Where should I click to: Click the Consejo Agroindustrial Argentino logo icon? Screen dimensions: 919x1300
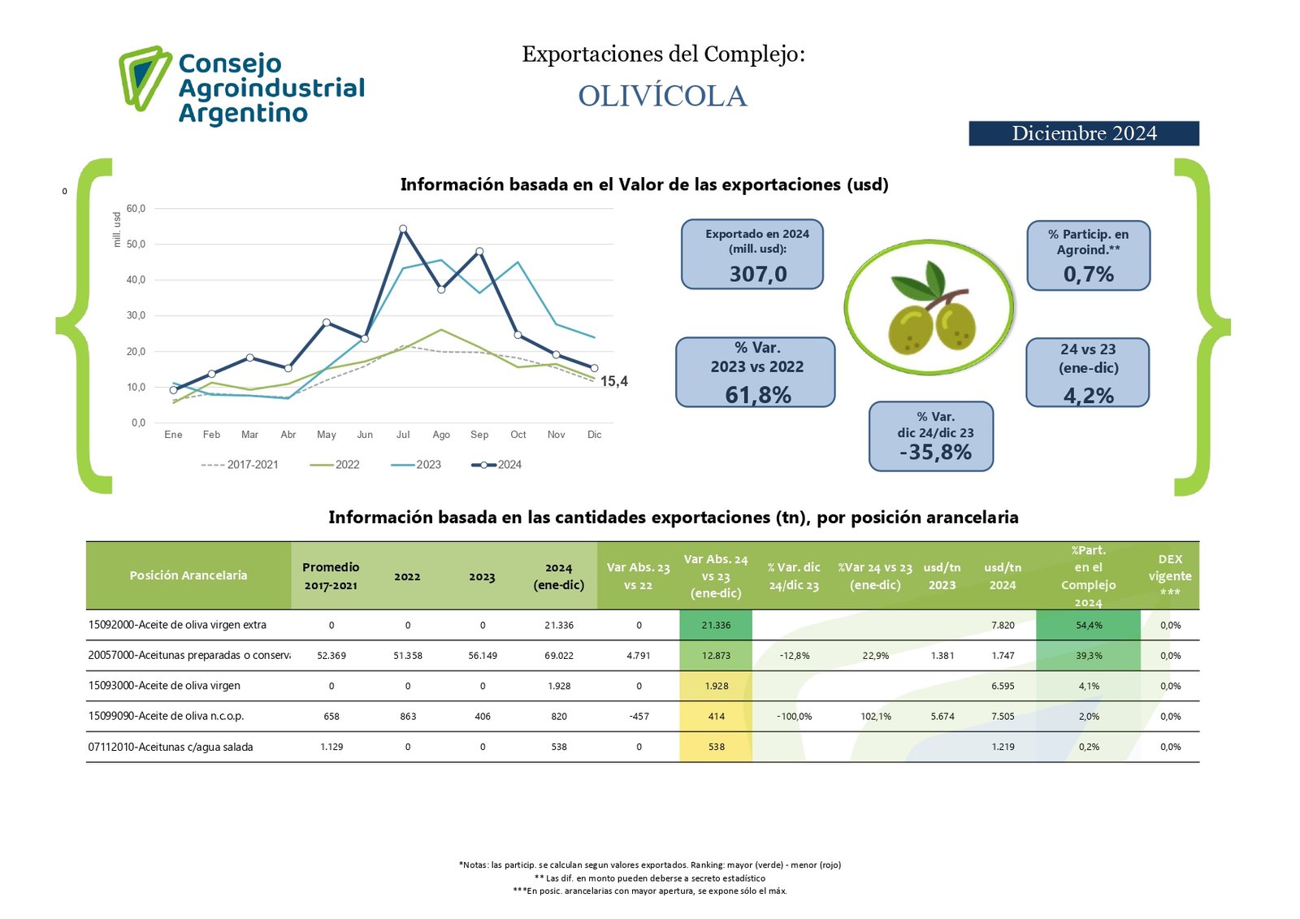coord(145,77)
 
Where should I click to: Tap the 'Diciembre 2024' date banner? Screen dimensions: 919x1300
coord(1083,133)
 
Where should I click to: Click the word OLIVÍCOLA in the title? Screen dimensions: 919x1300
coord(662,96)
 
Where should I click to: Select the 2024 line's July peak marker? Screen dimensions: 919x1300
coord(403,229)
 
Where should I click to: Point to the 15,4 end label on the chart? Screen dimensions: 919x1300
coord(614,381)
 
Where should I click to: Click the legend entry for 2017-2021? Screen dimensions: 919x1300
coord(240,465)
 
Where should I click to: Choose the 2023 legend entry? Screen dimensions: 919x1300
coord(416,465)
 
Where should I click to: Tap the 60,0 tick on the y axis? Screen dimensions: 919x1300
coord(136,209)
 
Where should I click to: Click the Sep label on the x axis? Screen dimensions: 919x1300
coord(479,435)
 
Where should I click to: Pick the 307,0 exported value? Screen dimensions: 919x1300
coord(758,274)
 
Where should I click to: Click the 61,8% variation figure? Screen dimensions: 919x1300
coord(758,395)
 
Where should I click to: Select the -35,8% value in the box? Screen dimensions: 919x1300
coord(935,453)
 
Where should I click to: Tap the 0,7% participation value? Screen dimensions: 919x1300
coord(1089,275)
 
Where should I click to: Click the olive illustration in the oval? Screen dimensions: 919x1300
coord(929,309)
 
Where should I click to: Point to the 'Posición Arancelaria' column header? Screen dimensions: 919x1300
coord(188,575)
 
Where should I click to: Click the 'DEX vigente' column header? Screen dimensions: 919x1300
coord(1170,575)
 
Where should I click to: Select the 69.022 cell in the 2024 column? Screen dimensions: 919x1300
coord(559,656)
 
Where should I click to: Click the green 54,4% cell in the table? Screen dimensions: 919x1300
coord(1089,625)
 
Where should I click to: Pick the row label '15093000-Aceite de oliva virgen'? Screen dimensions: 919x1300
coord(164,686)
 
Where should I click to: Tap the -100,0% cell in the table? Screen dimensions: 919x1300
coord(794,717)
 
